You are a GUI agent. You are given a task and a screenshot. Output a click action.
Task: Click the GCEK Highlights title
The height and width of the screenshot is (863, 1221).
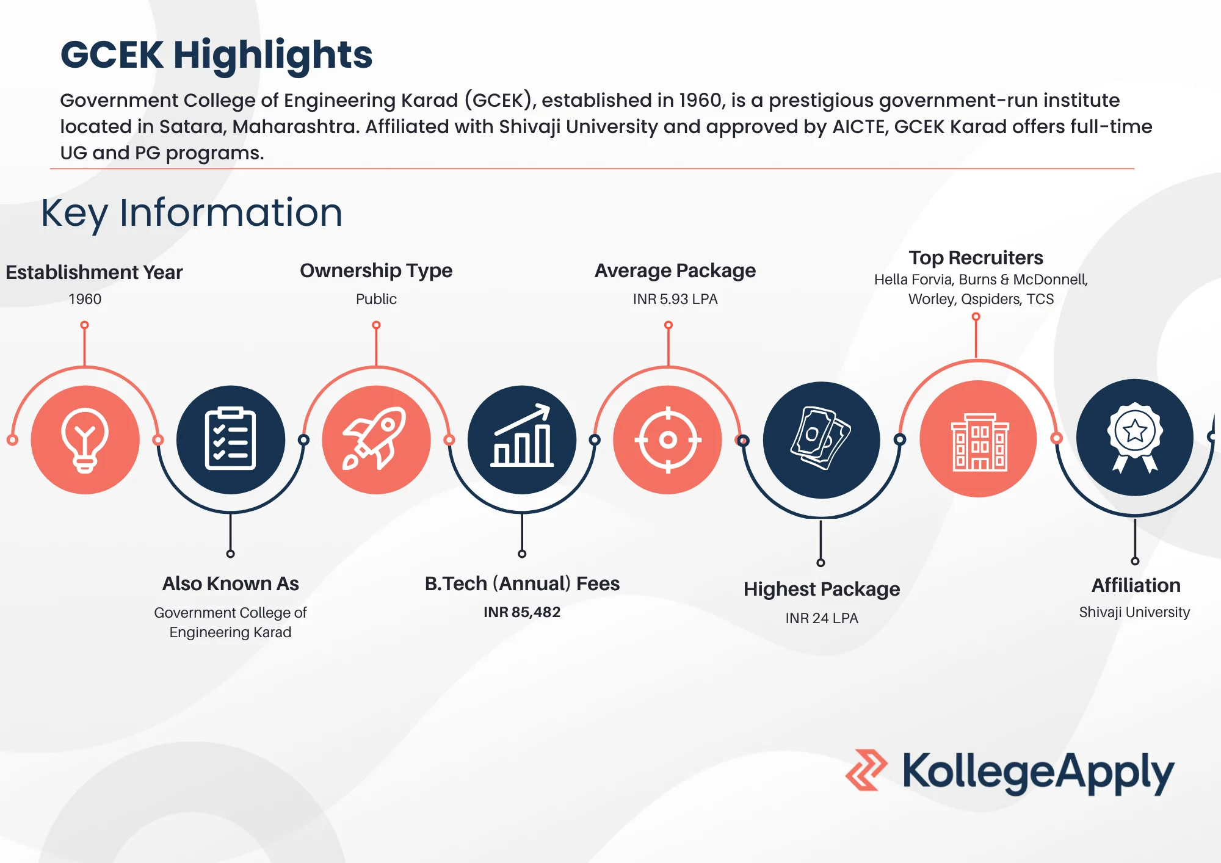coord(216,55)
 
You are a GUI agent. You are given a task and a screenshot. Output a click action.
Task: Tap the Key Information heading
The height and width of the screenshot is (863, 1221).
coord(192,213)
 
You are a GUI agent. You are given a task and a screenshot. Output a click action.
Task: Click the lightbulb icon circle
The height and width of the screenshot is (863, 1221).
coord(85,439)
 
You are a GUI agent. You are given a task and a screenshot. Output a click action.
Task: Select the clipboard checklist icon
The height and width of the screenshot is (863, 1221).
coord(230,439)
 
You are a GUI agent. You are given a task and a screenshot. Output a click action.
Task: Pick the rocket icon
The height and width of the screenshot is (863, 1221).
coord(376,439)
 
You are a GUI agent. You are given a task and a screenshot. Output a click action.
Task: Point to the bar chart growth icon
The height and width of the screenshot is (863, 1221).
coord(522,439)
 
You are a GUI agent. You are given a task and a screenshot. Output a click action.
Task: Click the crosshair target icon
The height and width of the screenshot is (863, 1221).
coord(668,439)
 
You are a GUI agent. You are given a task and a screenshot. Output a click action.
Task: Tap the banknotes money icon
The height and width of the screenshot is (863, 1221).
coord(821,439)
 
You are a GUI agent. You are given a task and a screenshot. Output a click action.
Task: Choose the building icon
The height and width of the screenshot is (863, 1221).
coord(979,439)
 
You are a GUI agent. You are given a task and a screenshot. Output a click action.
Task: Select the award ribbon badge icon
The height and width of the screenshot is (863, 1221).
coord(1135,437)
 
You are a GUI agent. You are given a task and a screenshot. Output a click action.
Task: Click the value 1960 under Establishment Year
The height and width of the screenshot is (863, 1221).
coord(85,299)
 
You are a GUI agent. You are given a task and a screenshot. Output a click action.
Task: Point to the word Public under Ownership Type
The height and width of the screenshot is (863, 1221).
coord(376,299)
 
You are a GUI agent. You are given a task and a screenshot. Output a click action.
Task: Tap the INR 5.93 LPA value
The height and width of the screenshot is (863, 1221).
coord(675,299)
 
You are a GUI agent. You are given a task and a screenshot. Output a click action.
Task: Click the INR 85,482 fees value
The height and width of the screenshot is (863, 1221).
coord(522,612)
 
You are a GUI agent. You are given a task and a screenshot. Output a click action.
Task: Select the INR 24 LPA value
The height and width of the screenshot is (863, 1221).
coord(822,618)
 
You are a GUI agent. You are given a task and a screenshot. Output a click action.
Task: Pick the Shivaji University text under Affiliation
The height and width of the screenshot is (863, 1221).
coord(1134,612)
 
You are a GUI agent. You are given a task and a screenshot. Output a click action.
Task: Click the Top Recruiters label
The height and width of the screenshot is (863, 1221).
coord(976,258)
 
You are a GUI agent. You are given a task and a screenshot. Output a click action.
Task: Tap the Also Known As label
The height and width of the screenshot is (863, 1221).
coord(231,583)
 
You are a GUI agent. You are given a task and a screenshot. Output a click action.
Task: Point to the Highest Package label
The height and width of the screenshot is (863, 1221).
coord(822,589)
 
